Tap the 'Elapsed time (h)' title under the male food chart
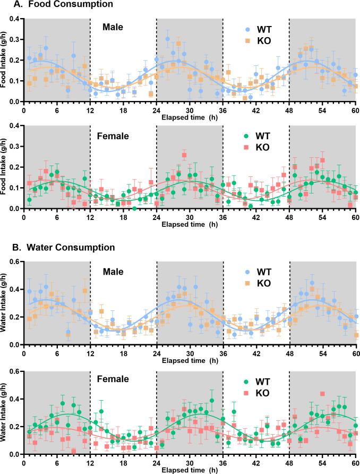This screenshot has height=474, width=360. pyautogui.click(x=190, y=115)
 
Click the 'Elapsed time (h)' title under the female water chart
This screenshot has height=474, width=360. pyautogui.click(x=190, y=469)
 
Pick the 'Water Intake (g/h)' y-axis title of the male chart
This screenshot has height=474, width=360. pyautogui.click(x=4, y=303)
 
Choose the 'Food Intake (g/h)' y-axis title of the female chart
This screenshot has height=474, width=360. pyautogui.click(x=4, y=167)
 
